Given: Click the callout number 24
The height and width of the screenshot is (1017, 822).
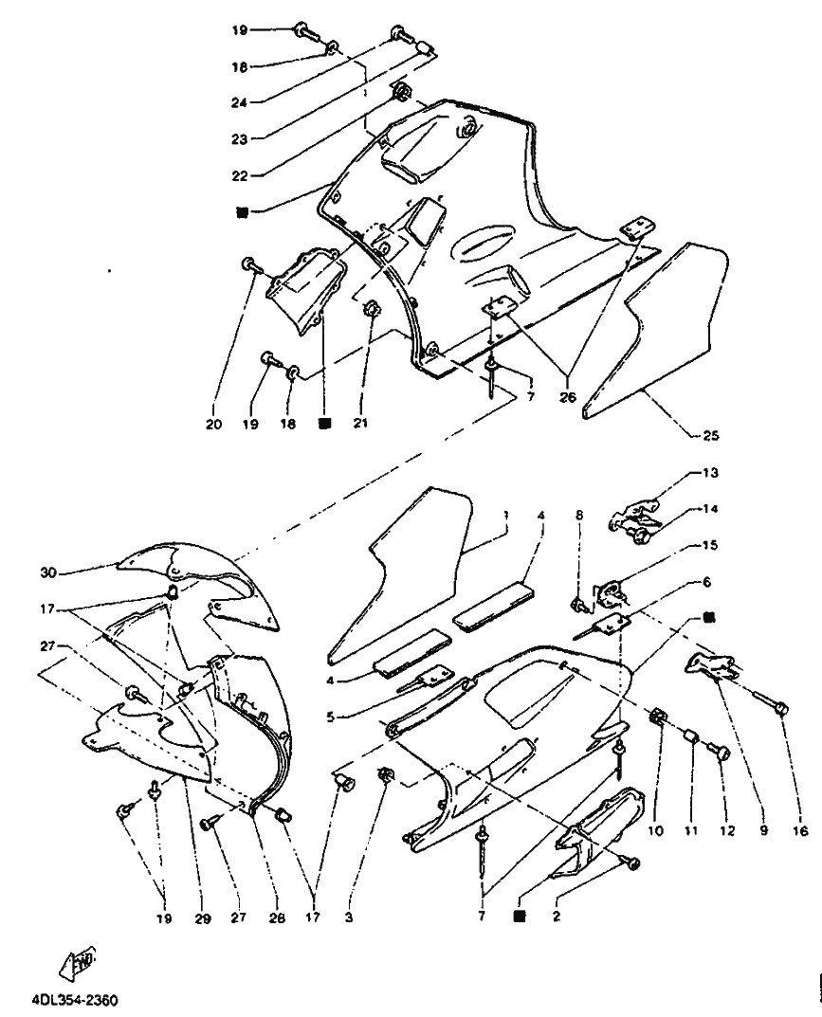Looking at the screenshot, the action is tap(240, 102).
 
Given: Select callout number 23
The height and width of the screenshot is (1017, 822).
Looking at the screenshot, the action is tap(240, 138).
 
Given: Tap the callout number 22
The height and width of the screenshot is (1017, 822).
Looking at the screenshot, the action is tap(240, 175).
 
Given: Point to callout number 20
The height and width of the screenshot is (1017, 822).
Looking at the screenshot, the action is tap(213, 425).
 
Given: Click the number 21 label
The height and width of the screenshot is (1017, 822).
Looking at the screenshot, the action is tap(360, 423).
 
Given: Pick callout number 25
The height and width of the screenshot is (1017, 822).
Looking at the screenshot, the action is tap(711, 435).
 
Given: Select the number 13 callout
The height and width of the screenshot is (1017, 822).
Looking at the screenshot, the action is tap(711, 473).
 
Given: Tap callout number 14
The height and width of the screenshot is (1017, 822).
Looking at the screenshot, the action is tap(711, 509).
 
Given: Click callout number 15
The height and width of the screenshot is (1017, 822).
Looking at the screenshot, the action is tap(711, 546).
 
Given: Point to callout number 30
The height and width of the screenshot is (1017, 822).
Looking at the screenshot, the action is tap(49, 572).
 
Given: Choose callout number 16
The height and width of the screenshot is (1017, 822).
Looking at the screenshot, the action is tap(800, 831).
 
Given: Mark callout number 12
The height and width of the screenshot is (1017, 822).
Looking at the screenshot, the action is tap(727, 831).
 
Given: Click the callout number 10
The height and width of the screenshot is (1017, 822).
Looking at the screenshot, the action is tap(656, 831).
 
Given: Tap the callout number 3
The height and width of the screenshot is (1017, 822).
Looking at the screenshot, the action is tap(348, 918).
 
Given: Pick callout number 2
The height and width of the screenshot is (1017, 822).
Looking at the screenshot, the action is tap(556, 917).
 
